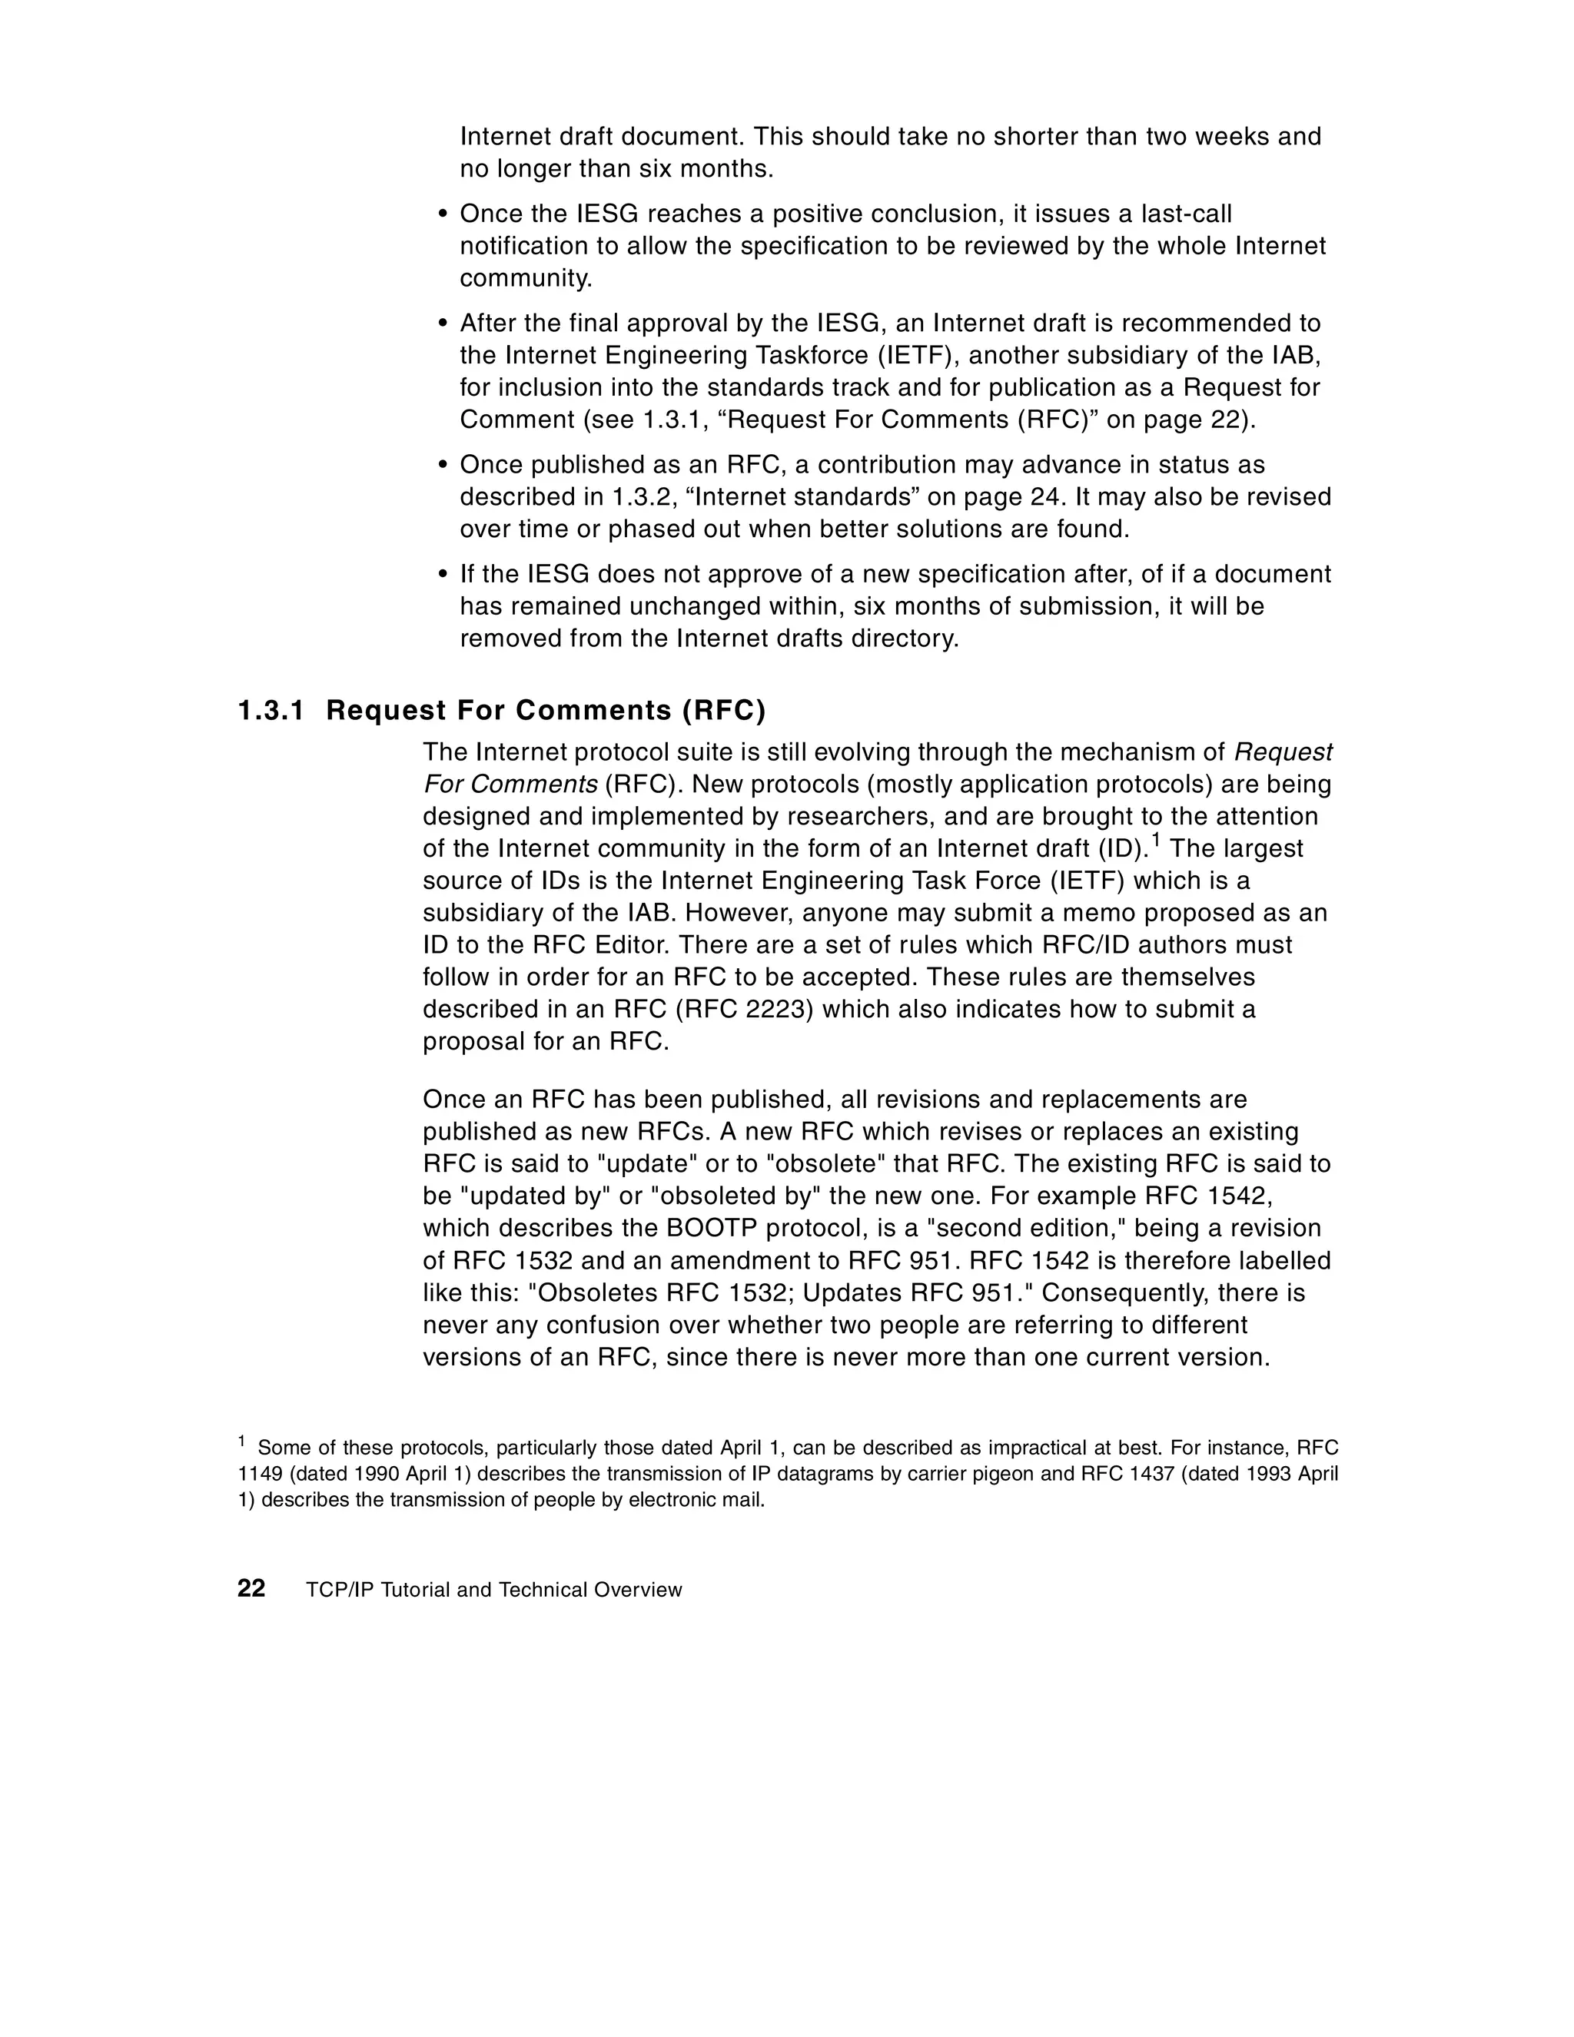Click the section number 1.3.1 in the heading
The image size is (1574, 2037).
(x=271, y=711)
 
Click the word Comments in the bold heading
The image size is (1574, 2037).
(x=593, y=711)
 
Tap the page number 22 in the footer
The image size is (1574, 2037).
(x=251, y=1589)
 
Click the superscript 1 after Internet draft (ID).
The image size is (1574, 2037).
(x=1155, y=841)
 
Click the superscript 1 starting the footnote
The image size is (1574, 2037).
(x=241, y=1442)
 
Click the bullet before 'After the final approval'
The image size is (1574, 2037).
(x=443, y=323)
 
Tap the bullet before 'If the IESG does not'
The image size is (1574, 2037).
(x=443, y=575)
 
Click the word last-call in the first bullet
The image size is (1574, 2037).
(x=1187, y=214)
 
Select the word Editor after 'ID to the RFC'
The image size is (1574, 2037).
(x=632, y=945)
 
